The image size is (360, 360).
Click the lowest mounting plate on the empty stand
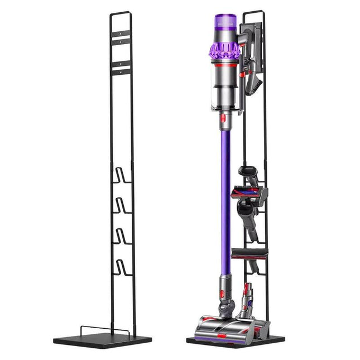point(121,70)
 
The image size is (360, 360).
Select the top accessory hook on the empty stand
point(121,175)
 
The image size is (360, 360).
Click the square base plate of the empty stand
point(102,340)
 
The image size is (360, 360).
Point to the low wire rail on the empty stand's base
point(105,330)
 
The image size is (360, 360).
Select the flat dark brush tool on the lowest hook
point(250,254)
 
